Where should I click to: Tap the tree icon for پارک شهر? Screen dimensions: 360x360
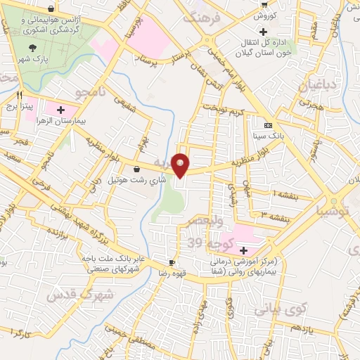pyautogui.click(x=32, y=48)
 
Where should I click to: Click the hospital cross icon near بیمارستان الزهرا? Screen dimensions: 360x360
pyautogui.click(x=61, y=110)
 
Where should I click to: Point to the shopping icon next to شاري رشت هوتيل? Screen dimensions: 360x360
pyautogui.click(x=136, y=169)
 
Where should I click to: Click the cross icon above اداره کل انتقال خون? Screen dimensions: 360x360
pyautogui.click(x=263, y=32)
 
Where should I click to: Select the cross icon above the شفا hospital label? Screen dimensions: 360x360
pyautogui.click(x=243, y=250)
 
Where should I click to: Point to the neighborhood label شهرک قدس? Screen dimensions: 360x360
pyautogui.click(x=80, y=295)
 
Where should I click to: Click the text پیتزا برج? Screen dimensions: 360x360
pyautogui.click(x=20, y=107)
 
